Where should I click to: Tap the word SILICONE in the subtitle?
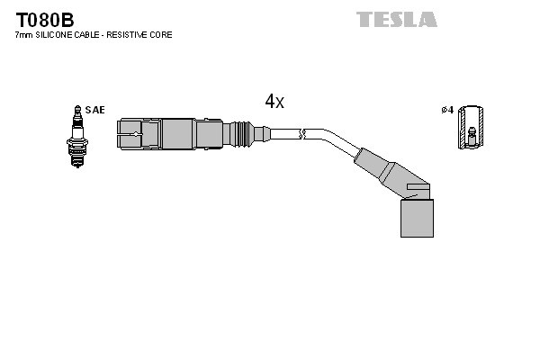pyautogui.click(x=64, y=35)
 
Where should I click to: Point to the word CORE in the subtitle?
pyautogui.click(x=161, y=35)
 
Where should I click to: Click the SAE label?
pyautogui.click(x=96, y=110)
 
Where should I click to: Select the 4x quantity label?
pyautogui.click(x=274, y=102)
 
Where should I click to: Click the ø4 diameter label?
pyautogui.click(x=446, y=110)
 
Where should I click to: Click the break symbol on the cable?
pyautogui.click(x=303, y=135)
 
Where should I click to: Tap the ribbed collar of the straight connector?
pyautogui.click(x=240, y=134)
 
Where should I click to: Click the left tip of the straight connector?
pyautogui.click(x=126, y=135)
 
